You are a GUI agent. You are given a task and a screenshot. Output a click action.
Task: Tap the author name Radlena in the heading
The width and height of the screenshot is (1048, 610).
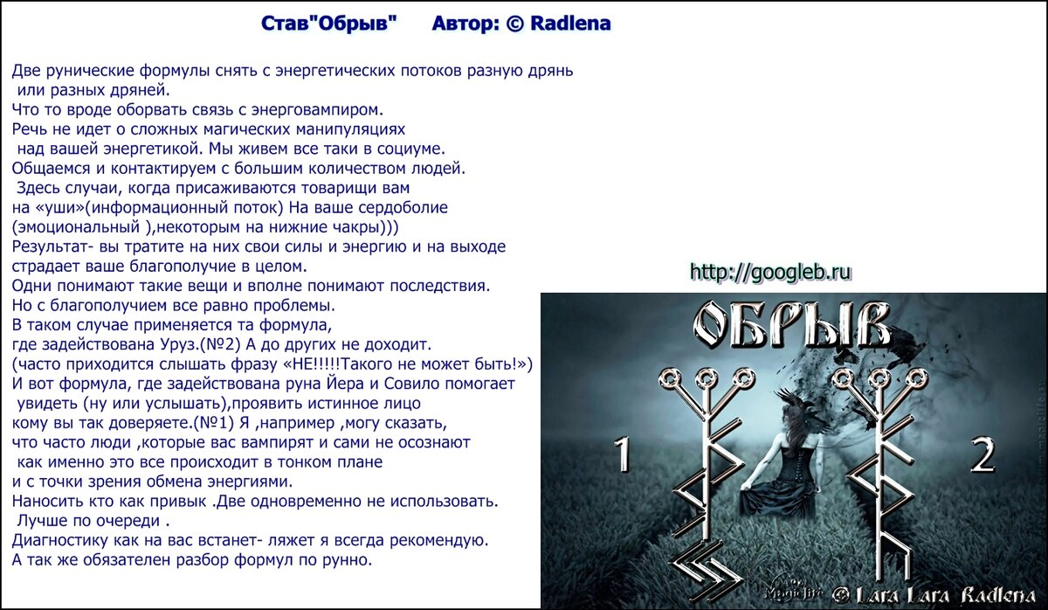570,24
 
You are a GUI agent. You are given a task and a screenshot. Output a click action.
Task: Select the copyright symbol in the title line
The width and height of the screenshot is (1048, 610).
514,24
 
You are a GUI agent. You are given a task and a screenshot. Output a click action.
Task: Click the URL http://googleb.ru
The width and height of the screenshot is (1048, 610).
770,273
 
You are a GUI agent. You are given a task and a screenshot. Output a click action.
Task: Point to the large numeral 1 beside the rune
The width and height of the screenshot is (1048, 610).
622,454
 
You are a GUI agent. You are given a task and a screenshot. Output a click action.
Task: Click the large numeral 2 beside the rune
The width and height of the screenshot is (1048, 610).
982,454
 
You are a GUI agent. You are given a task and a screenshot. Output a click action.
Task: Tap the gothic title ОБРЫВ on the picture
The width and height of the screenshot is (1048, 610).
790,325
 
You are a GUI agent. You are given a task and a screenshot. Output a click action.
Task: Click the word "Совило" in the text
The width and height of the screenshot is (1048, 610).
411,384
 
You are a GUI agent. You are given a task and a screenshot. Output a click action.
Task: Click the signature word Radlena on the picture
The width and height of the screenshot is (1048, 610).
998,595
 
